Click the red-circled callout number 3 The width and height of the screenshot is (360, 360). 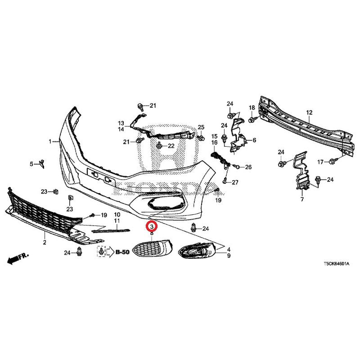pyautogui.click(x=152, y=226)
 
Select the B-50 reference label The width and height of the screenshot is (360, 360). pyautogui.click(x=122, y=252)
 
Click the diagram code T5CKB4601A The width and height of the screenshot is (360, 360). pyautogui.click(x=336, y=264)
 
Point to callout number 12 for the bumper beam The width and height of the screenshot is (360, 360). pyautogui.click(x=309, y=112)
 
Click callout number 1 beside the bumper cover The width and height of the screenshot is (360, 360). pyautogui.click(x=50, y=141)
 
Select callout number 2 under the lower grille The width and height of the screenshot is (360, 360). pyautogui.click(x=45, y=242)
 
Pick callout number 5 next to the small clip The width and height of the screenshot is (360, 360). pyautogui.click(x=31, y=164)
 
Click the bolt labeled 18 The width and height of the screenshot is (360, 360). pyautogui.click(x=252, y=120)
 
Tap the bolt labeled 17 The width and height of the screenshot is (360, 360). pyautogui.click(x=333, y=161)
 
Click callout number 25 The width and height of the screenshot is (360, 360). pyautogui.click(x=201, y=127)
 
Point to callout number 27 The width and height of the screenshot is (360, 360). pyautogui.click(x=235, y=182)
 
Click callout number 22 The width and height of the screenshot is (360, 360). pyautogui.click(x=171, y=146)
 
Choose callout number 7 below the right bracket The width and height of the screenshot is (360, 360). pyautogui.click(x=302, y=199)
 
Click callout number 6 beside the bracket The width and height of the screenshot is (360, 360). pyautogui.click(x=254, y=140)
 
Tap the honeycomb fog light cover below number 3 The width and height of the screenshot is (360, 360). pyautogui.click(x=152, y=247)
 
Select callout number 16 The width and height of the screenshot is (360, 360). pyautogui.click(x=214, y=143)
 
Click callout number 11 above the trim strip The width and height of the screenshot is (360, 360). pyautogui.click(x=117, y=221)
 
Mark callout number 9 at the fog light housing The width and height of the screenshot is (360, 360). pyautogui.click(x=229, y=256)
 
